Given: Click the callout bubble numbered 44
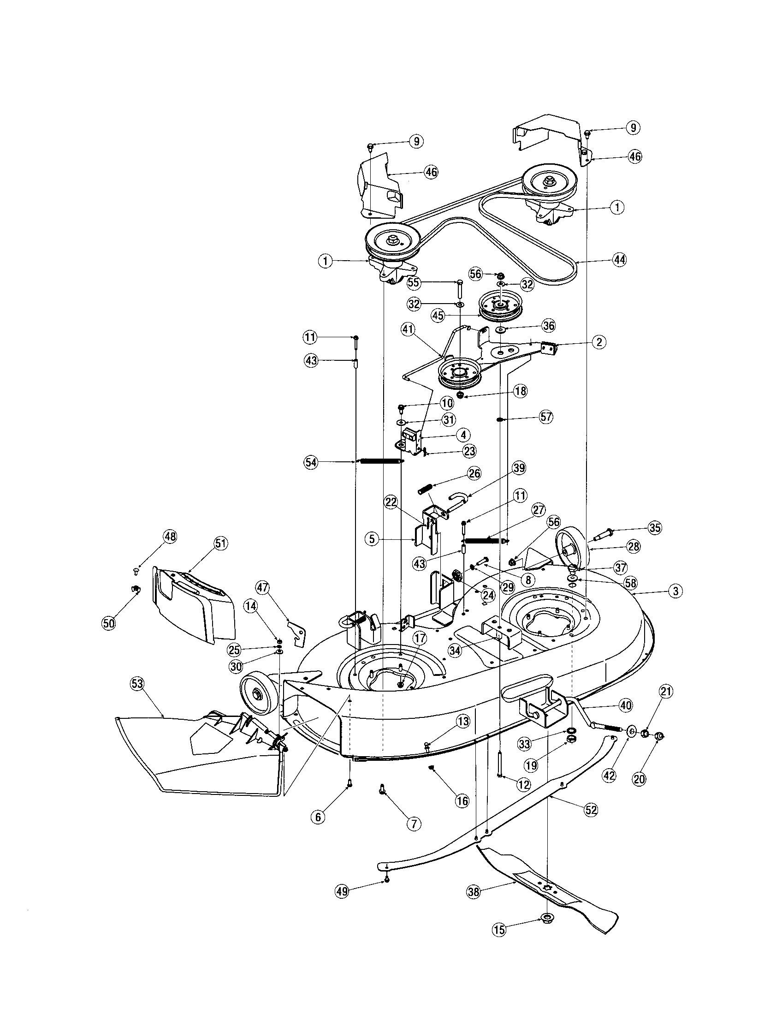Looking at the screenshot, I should pos(619,260).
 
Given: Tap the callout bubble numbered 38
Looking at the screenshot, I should pos(474,892).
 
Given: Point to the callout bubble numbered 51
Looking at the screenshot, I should pos(220,543).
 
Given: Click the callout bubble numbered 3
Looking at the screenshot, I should pos(675,591).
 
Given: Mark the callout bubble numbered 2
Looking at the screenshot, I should pos(598,342).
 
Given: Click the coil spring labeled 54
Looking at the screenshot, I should pos(380,461).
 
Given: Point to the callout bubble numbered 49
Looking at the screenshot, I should pos(342,891).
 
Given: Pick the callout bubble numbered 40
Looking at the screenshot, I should pos(626,705).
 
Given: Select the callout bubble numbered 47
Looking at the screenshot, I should pos(262,587).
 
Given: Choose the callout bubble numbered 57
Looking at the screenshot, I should pos(546,417).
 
